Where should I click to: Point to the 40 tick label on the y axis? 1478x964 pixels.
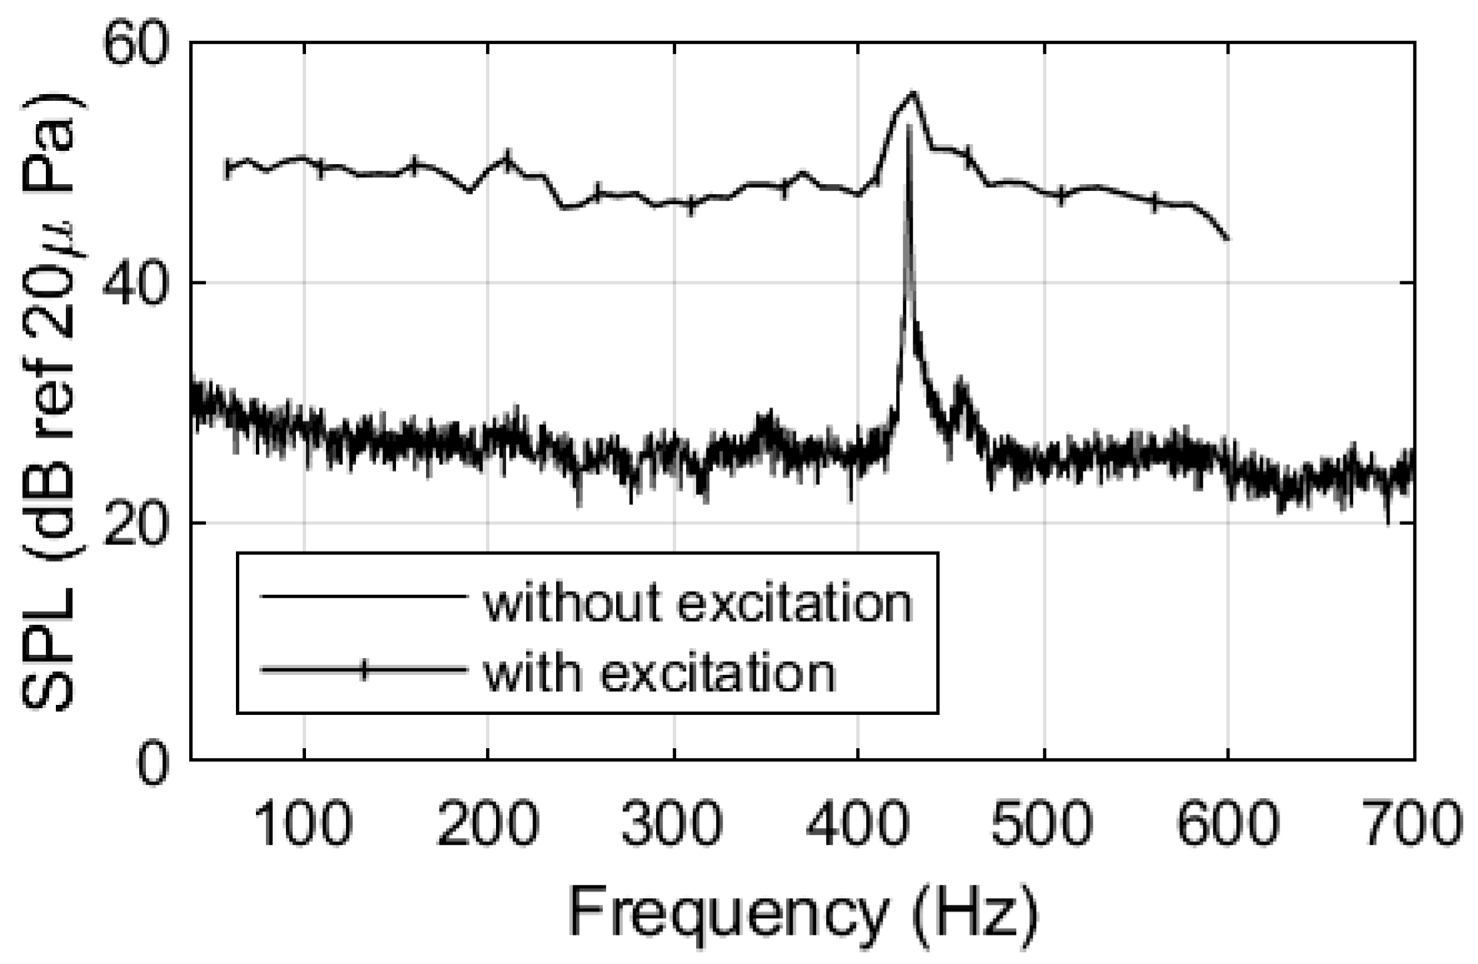pos(135,283)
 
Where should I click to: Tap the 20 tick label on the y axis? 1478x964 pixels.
pos(135,522)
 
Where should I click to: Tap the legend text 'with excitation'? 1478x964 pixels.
pos(659,671)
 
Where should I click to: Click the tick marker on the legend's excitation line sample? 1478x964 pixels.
pos(363,670)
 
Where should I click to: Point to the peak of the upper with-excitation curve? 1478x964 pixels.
pos(914,92)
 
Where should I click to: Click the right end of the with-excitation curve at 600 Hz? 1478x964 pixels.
pos(1228,239)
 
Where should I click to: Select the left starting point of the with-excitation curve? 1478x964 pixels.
pos(228,169)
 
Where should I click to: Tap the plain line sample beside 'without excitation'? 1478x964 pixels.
pos(363,597)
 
